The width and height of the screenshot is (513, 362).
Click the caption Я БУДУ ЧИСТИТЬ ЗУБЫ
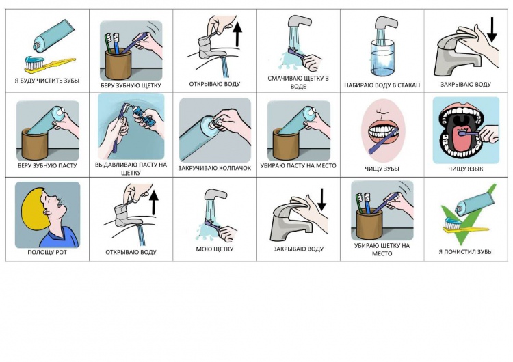click(47, 81)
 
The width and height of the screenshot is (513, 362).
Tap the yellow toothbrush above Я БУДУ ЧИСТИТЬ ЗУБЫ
click(50, 64)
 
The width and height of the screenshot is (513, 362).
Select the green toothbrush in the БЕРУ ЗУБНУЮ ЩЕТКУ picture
click(107, 44)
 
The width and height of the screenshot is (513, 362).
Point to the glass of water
click(382, 58)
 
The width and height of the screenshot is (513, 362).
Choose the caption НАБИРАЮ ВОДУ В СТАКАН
click(382, 85)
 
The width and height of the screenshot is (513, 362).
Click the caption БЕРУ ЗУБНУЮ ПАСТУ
click(47, 166)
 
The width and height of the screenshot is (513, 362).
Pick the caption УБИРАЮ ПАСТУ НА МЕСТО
click(298, 166)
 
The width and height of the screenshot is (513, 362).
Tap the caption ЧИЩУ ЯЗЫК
click(466, 169)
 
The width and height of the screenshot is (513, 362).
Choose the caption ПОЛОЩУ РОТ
click(47, 252)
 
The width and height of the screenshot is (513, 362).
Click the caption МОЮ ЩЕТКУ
click(215, 249)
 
